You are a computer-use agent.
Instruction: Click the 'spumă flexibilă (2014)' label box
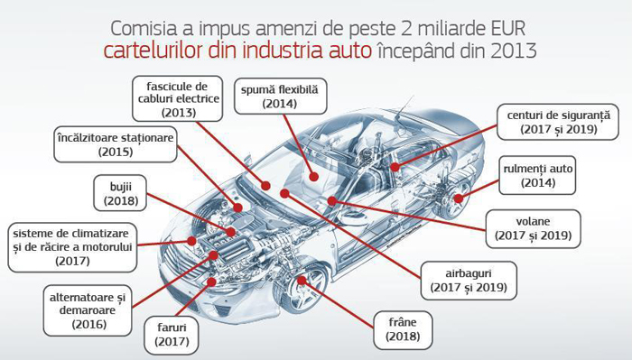click(x=280, y=97)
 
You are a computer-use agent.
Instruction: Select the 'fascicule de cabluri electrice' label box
click(x=178, y=98)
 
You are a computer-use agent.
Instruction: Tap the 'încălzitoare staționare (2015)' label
click(x=116, y=144)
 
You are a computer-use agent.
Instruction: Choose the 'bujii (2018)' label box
click(x=120, y=193)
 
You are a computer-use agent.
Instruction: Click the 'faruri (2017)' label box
click(x=172, y=334)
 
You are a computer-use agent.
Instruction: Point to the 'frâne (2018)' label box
click(x=403, y=329)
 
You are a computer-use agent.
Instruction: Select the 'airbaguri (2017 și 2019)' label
click(x=469, y=281)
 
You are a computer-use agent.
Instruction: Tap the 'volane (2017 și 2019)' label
click(x=533, y=228)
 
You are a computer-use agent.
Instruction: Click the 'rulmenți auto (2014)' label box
click(x=538, y=175)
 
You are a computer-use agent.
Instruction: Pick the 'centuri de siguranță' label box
click(x=558, y=122)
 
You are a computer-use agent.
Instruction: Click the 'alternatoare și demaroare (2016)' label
click(x=88, y=310)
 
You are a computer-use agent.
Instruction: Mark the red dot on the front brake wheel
click(x=302, y=281)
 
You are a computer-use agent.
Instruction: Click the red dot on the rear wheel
click(x=459, y=198)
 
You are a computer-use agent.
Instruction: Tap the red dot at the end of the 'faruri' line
click(x=211, y=282)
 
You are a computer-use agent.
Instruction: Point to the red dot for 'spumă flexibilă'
click(x=314, y=176)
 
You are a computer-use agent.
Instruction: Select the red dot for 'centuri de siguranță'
click(x=395, y=167)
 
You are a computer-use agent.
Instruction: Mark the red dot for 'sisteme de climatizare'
click(x=191, y=241)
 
